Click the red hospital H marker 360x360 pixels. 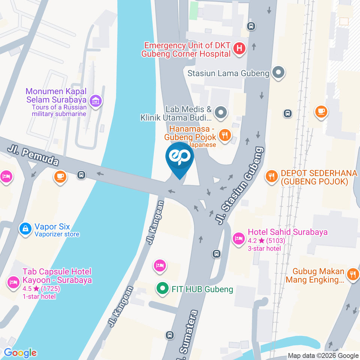coord(239,49)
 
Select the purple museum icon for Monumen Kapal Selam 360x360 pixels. coord(96,100)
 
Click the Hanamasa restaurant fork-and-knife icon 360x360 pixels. coord(225,135)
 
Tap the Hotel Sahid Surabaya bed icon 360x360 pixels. coord(238,238)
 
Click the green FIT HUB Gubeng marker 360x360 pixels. coord(162,289)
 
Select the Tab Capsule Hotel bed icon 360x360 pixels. coord(14,282)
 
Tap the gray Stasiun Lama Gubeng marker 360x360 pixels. coord(278,73)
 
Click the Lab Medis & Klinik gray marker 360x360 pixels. coord(221,112)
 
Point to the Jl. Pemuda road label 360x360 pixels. coord(33,156)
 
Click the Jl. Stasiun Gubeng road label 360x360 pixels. coord(240,186)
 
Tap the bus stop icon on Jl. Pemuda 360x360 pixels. coord(81,174)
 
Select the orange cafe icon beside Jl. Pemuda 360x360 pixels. coord(60,177)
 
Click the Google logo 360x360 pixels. coord(20,352)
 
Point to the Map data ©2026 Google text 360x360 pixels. coord(323,355)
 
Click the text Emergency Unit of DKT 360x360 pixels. coord(187,46)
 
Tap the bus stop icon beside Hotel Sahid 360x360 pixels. coord(216,254)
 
